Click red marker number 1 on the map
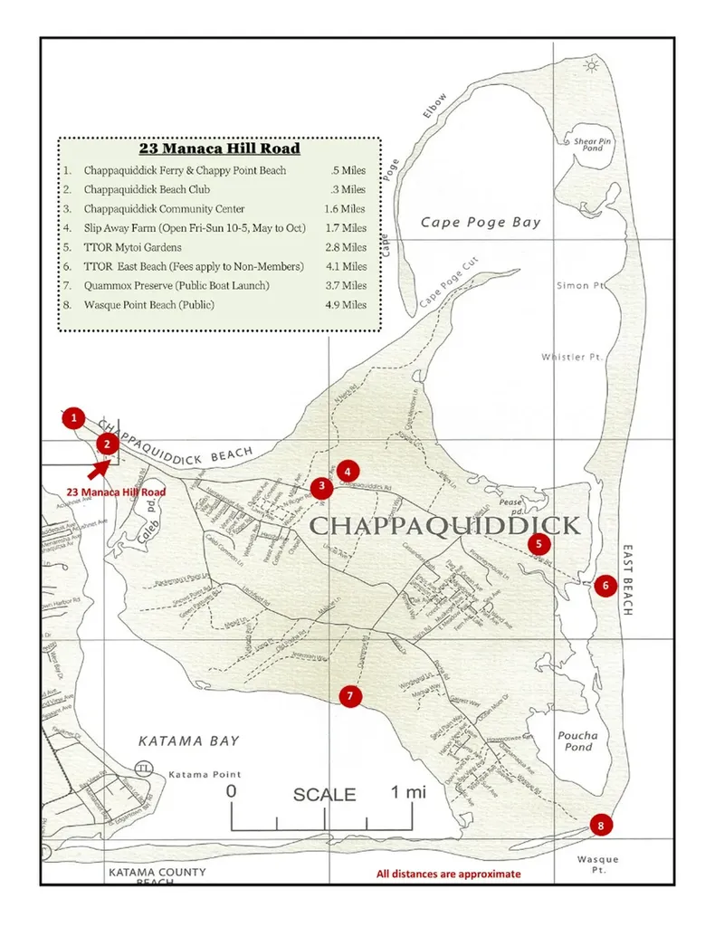coord(73,418)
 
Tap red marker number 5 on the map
coord(539,543)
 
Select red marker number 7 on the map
coord(350,695)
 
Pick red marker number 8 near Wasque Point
coord(599,825)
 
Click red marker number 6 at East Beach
coord(605,585)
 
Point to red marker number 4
coord(348,471)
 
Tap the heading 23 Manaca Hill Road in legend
coord(219,148)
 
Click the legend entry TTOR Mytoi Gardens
coord(132,247)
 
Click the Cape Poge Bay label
coord(480,223)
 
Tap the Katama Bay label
coord(188,741)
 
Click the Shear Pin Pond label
coord(593,145)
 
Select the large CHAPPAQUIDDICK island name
coord(444,526)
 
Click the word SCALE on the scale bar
coord(324,795)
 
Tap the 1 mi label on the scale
coord(408,792)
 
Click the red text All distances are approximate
coord(449,874)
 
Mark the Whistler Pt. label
coord(572,357)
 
